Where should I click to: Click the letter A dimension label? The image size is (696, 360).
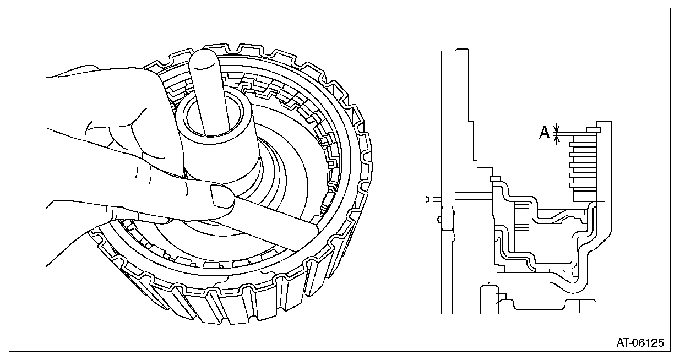[x=544, y=133]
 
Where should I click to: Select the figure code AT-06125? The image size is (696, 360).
[x=640, y=343]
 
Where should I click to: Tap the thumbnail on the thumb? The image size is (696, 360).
[x=221, y=195]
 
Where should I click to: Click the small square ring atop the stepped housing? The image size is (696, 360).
[x=494, y=178]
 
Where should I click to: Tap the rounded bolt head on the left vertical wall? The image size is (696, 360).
[x=447, y=216]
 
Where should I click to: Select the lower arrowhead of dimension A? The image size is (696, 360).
[x=556, y=140]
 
